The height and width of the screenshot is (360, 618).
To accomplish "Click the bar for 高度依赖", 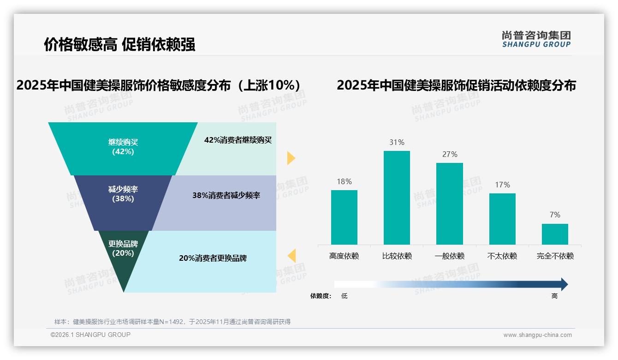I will pos(344,217).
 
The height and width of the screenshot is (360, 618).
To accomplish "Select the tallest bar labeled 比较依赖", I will pos(397,198).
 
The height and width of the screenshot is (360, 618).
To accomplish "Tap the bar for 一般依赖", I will pos(449,204).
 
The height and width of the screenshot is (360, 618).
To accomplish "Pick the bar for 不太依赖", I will pos(502,219).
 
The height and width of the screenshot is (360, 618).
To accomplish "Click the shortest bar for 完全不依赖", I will pos(555,234).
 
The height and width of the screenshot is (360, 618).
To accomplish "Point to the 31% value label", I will pos(397,142).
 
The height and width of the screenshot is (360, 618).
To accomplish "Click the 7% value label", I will pos(555,215).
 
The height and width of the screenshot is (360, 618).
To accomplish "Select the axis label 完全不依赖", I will pos(555,256).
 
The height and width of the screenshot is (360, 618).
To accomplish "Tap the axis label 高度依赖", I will pos(344,256).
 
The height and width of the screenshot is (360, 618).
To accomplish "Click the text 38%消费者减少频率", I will pos(226,196).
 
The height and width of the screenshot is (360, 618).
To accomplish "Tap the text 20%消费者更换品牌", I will pos(213,258).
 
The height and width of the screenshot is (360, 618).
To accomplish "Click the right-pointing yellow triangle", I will pos(291,158).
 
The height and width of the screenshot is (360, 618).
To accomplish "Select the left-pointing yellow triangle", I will pos(291,255).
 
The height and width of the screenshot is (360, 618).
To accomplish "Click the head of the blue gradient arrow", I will pos(564,284).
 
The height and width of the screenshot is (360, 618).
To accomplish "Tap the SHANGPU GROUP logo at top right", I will pos(536,39).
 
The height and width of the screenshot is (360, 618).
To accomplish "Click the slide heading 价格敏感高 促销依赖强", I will pos(119,44).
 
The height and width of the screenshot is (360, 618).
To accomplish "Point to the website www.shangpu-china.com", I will pos(537,335).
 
